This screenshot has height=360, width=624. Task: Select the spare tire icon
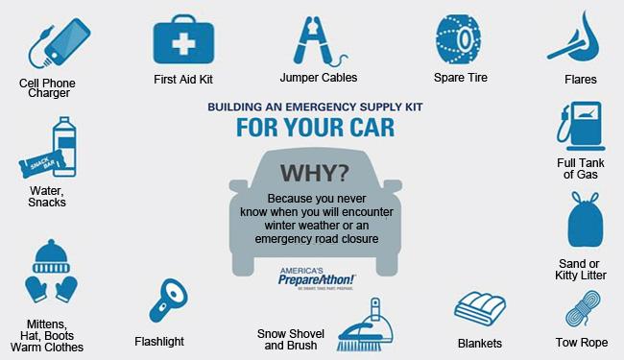click(x=458, y=38)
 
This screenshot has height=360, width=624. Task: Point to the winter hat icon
click(x=52, y=255)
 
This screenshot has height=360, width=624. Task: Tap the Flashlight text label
click(x=159, y=341)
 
